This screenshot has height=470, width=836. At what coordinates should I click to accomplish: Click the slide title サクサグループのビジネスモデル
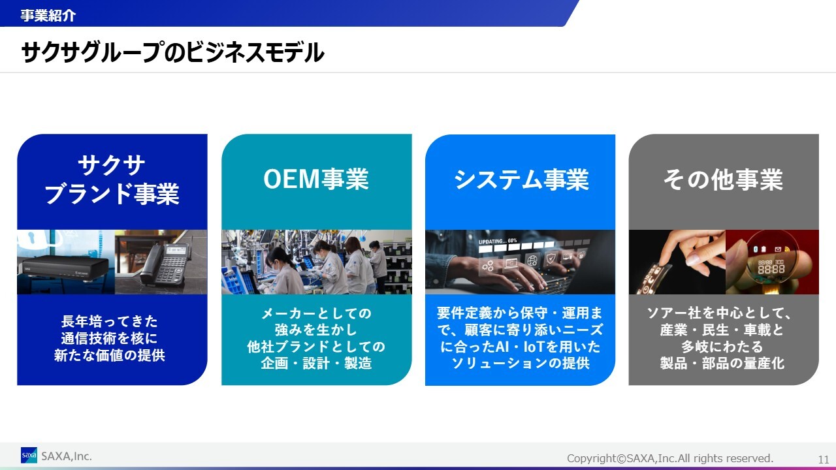pos(173,52)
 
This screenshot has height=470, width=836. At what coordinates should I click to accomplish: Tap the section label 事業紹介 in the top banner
pos(48,15)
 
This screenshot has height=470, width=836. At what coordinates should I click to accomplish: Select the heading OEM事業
pos(316,179)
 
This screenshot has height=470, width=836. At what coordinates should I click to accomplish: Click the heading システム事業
pos(521,180)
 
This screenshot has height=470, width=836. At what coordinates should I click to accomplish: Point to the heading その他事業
pos(723,180)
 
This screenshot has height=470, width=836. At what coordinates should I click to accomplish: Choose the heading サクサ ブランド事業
pos(112,180)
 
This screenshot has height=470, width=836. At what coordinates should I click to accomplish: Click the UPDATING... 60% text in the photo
pos(498,241)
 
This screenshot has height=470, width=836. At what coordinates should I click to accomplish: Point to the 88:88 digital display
pos(771,268)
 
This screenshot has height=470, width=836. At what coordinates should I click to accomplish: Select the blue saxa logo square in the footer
pos(29,455)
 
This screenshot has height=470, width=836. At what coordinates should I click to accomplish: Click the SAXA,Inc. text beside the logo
pos(67,456)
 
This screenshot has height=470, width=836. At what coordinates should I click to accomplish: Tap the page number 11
pos(824,459)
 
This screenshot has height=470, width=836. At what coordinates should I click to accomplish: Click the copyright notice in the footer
pos(670,458)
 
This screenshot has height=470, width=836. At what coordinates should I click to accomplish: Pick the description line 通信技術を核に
pos(109,338)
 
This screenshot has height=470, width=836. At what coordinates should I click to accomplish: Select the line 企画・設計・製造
pos(316,363)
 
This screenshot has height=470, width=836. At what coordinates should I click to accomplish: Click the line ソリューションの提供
pos(521,363)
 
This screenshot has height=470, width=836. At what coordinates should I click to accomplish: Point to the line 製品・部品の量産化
pos(722,363)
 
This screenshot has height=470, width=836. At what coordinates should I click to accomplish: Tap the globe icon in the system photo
pos(532,260)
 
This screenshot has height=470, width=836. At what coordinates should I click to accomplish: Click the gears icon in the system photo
pos(487,266)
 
